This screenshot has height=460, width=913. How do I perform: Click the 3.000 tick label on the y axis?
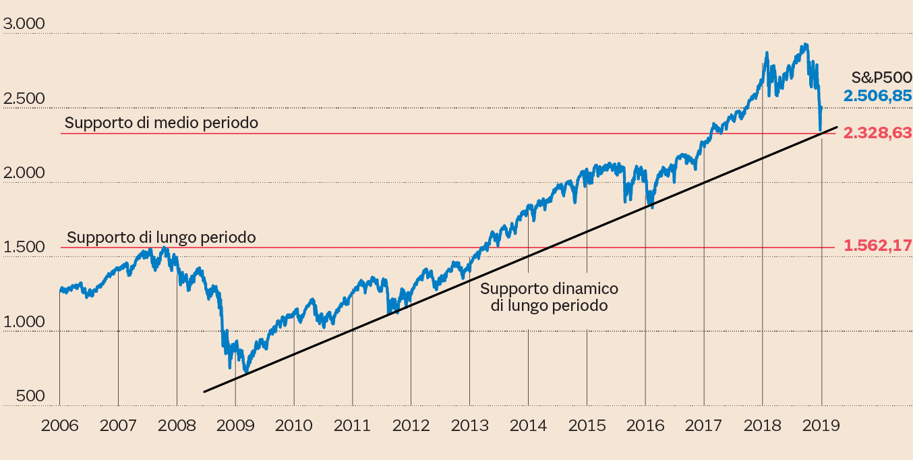(24, 25)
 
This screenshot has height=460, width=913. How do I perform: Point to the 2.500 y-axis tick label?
(24, 99)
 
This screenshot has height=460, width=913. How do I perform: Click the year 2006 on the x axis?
(59, 426)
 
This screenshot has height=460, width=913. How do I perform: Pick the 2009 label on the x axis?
(235, 426)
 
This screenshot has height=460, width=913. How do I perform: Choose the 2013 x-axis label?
(470, 426)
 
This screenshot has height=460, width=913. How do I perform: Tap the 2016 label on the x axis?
(645, 426)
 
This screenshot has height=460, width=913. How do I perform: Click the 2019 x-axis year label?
(821, 426)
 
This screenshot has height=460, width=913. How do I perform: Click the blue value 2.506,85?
(877, 96)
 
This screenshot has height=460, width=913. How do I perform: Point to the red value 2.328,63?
(877, 133)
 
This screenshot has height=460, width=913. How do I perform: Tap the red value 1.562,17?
(877, 246)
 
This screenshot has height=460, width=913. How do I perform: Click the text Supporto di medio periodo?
(161, 123)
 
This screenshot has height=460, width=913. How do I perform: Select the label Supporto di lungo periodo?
(161, 237)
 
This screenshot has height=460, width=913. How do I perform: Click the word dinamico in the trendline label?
(584, 289)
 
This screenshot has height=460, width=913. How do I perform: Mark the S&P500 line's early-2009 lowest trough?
(246, 371)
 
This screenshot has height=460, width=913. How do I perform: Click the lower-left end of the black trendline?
(204, 391)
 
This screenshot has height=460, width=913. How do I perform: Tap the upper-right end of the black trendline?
(837, 127)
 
